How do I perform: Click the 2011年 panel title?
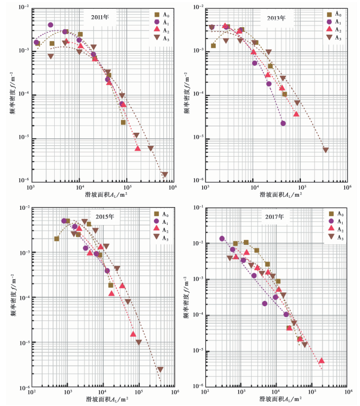[100, 17]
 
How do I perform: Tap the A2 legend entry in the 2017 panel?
[335, 229]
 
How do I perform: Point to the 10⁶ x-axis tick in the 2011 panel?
[172, 188]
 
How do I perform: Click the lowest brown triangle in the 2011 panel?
[164, 175]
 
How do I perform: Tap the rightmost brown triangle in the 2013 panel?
[326, 150]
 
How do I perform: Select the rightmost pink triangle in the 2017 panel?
[321, 360]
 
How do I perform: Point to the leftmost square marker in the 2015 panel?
[56, 239]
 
